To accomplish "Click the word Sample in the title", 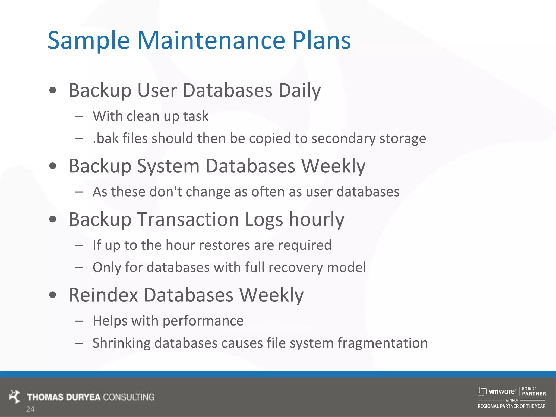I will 89,41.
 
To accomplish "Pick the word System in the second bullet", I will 168,166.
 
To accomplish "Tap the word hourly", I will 316,219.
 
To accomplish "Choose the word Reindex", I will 103,295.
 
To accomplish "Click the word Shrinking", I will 121,343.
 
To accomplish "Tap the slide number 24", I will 30,409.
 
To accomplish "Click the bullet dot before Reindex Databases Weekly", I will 53,295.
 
